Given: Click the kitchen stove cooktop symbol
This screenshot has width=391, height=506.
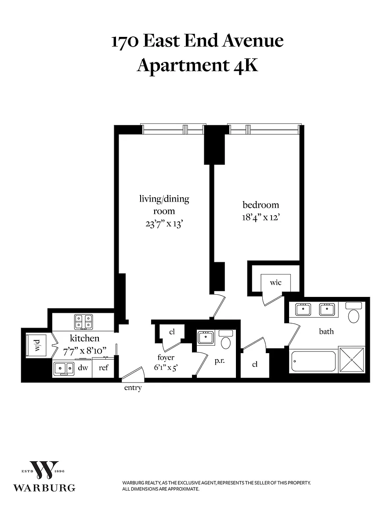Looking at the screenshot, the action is [x=83, y=322].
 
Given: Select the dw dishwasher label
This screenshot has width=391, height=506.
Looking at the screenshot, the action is [x=83, y=368].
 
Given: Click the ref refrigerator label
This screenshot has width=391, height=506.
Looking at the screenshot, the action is [x=103, y=368].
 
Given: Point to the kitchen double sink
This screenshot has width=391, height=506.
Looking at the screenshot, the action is [x=64, y=368].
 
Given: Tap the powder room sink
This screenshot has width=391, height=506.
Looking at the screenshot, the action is [x=205, y=337].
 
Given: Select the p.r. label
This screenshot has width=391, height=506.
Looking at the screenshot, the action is [x=220, y=361].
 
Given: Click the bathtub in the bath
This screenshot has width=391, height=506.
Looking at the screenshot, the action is [x=314, y=361].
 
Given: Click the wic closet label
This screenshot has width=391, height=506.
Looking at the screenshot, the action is [x=276, y=283].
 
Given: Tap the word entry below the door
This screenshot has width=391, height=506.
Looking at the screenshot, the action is [x=133, y=388].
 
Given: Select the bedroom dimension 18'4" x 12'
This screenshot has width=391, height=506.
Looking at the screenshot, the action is [x=261, y=217].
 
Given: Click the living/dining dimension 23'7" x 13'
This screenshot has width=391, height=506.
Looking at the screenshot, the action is [x=164, y=224].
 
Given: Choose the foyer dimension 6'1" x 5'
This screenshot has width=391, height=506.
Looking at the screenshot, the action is [x=166, y=368].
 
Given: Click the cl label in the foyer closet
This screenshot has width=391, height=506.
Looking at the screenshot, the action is [x=172, y=332].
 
